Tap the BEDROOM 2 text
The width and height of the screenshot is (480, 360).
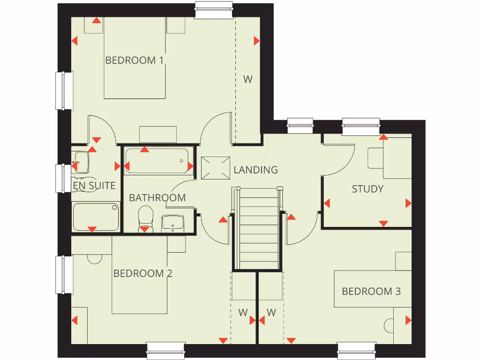click(143, 273)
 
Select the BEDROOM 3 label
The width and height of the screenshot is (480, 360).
click(371, 292)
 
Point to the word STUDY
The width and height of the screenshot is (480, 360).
click(368, 189)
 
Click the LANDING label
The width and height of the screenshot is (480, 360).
click(255, 170)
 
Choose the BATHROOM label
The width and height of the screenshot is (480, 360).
click(157, 198)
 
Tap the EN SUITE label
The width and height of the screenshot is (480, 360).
click(94, 186)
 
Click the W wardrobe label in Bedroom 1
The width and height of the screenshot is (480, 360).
click(247, 79)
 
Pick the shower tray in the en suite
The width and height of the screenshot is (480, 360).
click(96, 217)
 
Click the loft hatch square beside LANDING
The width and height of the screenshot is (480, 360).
click(216, 168)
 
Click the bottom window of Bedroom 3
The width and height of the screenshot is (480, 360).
click(357, 350)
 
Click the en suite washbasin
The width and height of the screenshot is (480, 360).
click(81, 161)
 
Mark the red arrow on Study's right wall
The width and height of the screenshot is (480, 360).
click(408, 203)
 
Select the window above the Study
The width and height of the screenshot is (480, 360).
click(360, 126)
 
